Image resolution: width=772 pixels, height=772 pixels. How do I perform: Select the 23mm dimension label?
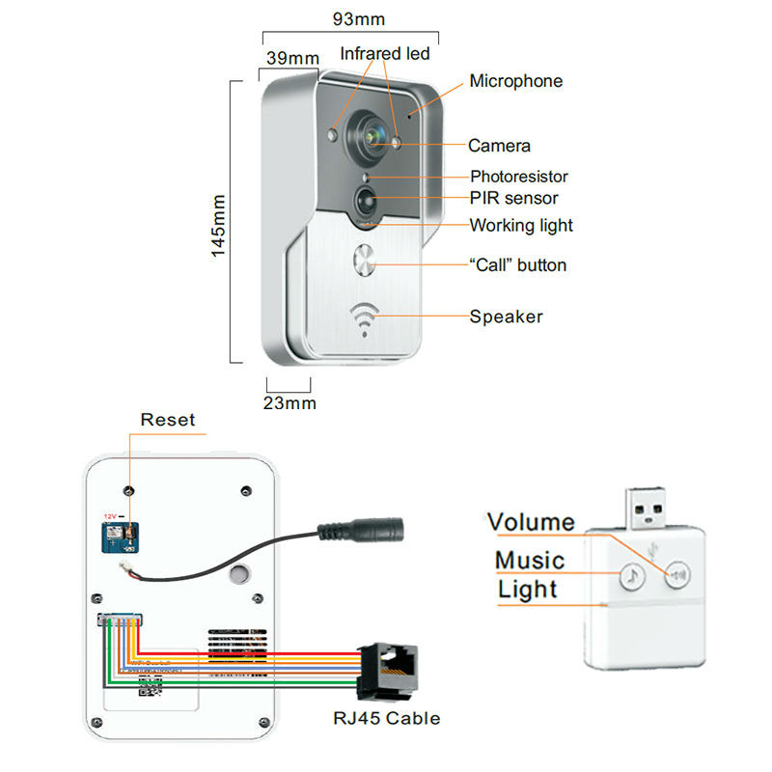[290, 403]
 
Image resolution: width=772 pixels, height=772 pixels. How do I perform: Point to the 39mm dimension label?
[292, 59]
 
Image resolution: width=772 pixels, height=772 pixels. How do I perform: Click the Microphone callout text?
[515, 81]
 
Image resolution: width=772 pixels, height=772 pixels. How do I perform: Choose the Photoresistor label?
[518, 177]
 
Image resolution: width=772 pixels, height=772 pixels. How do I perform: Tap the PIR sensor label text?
[513, 199]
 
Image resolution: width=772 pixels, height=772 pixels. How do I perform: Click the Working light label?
[521, 226]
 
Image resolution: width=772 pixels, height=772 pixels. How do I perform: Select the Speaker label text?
[506, 317]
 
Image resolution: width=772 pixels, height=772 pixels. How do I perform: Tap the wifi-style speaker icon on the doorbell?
[365, 319]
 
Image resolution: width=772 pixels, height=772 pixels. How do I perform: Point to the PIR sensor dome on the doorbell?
[367, 202]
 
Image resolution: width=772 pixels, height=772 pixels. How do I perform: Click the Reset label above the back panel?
[167, 420]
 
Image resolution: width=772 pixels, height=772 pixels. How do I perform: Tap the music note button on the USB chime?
[630, 576]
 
